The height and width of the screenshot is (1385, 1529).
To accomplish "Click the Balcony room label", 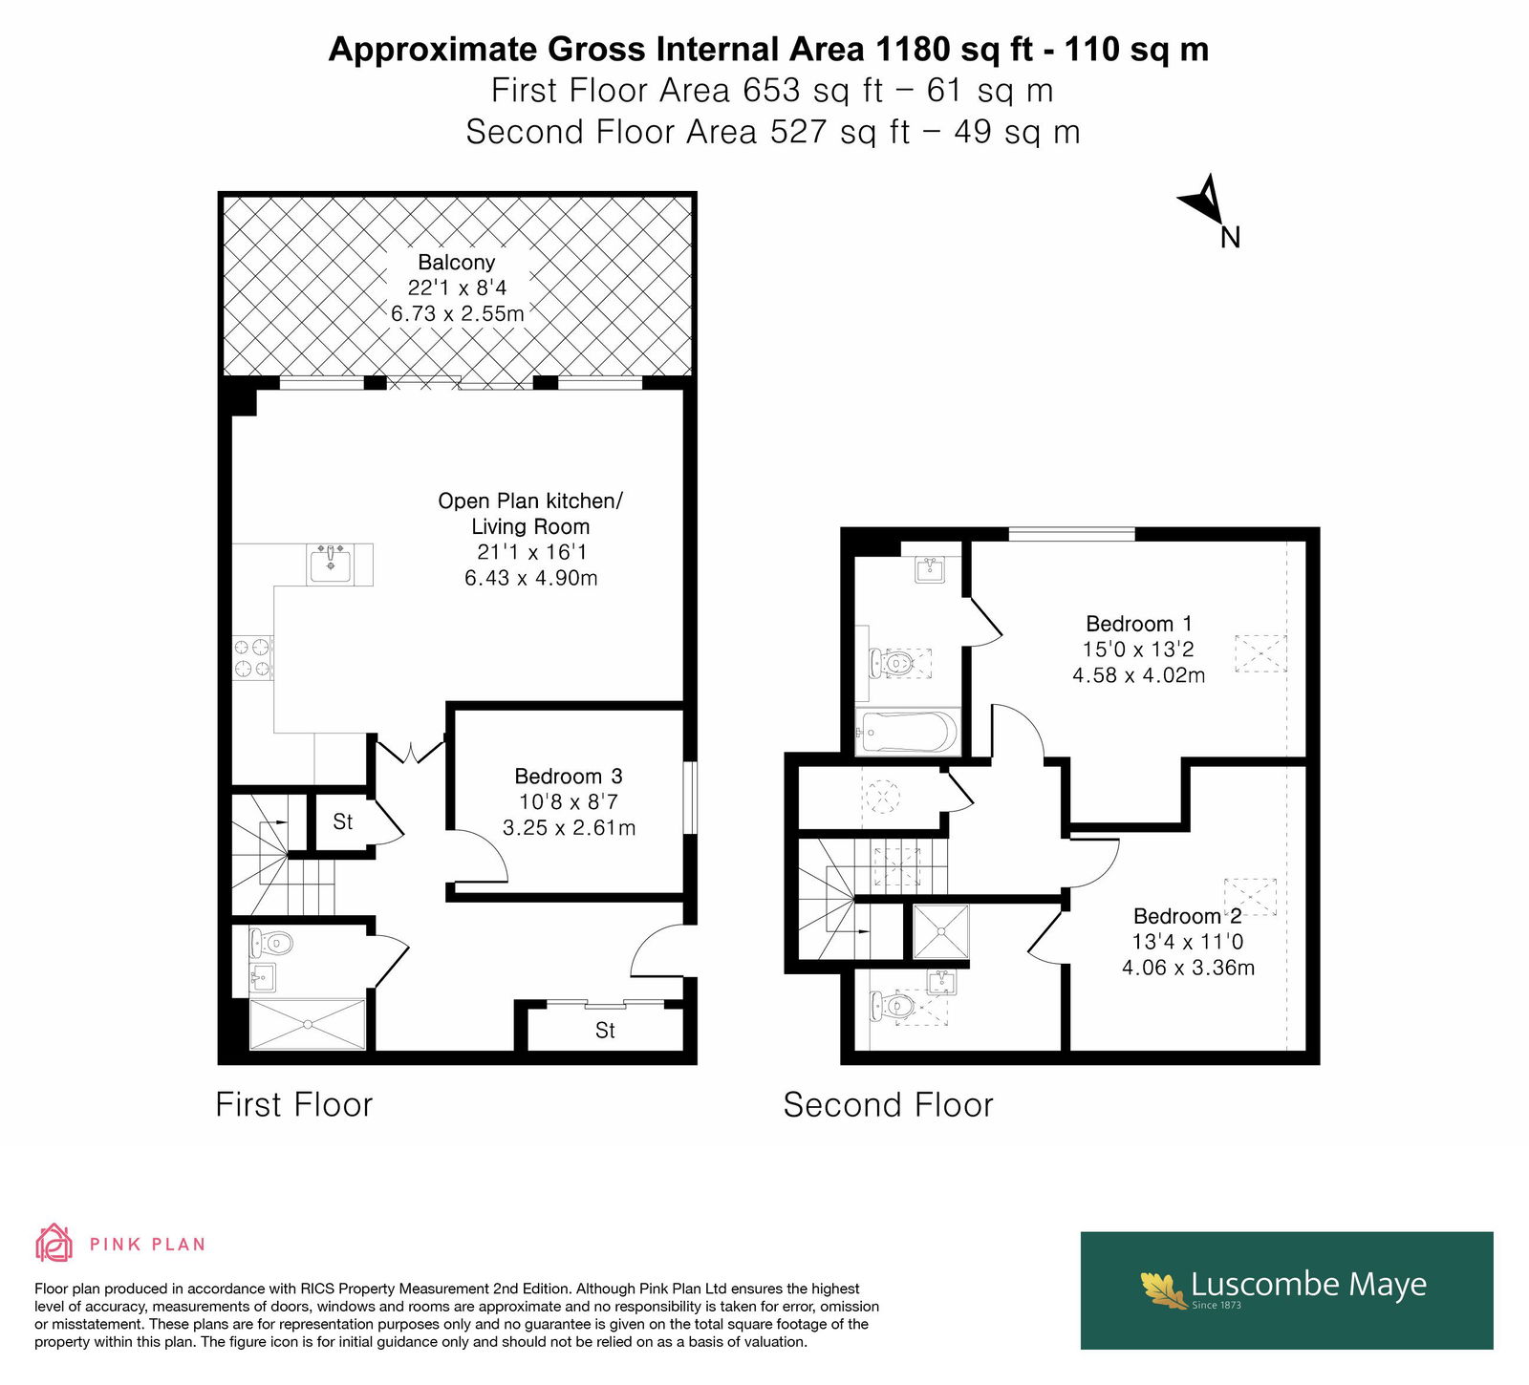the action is tap(457, 263).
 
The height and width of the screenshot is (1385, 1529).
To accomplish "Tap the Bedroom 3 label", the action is tap(569, 777).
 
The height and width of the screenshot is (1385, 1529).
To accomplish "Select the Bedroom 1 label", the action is tap(1139, 624).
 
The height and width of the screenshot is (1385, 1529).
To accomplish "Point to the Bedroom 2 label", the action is tap(1188, 916).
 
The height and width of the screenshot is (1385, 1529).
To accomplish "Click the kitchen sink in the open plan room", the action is tap(331, 564).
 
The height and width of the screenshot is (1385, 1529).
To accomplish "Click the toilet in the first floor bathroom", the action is tap(271, 945).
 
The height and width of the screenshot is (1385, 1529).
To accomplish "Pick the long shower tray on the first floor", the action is tap(308, 1024).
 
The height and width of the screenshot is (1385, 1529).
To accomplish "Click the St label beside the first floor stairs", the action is tap(342, 821).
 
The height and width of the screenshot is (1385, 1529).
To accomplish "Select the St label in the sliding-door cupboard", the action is tap(605, 1031).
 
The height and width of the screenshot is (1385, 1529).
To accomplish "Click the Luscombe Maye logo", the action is tap(1286, 1289).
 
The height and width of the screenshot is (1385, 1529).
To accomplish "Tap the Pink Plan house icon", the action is tap(54, 1243).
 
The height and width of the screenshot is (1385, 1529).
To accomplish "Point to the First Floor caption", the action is tap(294, 1104).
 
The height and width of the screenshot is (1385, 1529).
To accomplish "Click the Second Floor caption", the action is tap(889, 1105).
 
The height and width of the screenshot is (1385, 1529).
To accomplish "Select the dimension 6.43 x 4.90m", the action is tap(531, 578).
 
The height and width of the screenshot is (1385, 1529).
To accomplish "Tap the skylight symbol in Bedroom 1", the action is tap(1260, 654).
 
